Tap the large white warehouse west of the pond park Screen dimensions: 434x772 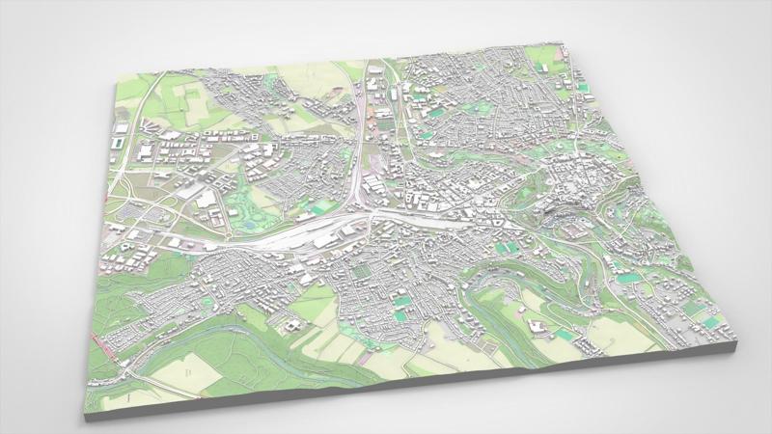point(206,201)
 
